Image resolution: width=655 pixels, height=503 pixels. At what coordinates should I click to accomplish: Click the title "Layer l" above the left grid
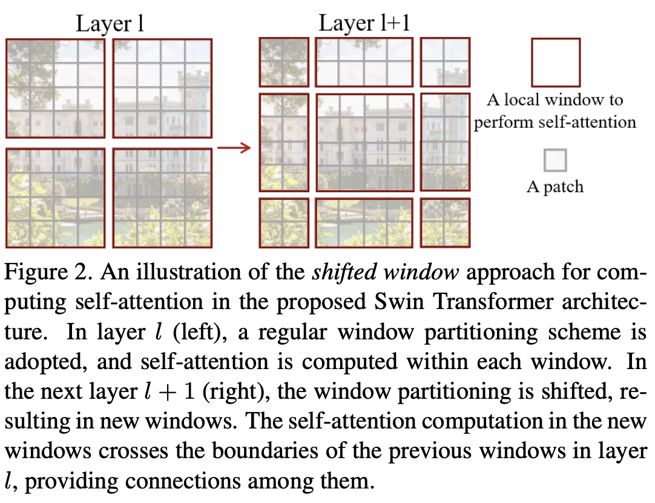point(110,24)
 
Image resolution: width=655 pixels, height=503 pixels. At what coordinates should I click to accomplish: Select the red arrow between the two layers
point(234,148)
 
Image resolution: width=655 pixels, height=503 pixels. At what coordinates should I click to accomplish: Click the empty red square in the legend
point(556,62)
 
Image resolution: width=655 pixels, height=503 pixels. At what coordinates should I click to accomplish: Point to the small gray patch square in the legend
point(555,161)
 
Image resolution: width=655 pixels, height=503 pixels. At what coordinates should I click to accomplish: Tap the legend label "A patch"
point(555,187)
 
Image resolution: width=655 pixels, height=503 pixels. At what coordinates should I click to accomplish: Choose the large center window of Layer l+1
point(364,142)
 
